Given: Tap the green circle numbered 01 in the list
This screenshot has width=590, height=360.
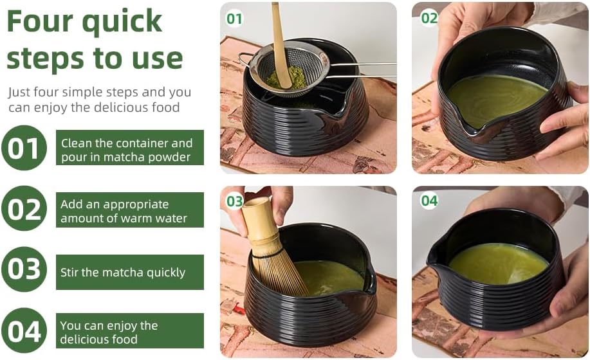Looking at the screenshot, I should [x=24, y=148].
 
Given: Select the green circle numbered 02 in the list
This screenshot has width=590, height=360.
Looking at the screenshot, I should [x=24, y=209].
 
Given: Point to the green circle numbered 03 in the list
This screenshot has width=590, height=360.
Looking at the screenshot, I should [x=24, y=269].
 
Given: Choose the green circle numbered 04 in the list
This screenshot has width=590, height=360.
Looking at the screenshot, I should [x=24, y=330].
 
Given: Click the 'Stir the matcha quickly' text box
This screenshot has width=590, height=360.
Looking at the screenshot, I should [x=129, y=272].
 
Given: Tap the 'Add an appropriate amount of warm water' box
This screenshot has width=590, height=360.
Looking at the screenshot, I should [x=129, y=211].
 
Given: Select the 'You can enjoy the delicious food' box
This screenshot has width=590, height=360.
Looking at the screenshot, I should [x=129, y=332].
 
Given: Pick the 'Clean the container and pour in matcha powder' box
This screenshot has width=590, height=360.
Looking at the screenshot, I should [x=129, y=148].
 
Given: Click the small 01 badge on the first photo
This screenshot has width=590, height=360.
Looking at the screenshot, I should [x=234, y=19].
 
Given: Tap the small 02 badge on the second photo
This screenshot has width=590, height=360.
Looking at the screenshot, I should [x=429, y=18].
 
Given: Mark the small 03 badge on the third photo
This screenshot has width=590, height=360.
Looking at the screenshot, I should [x=234, y=202].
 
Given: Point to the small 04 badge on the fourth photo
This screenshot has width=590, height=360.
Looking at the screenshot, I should [x=429, y=201].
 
